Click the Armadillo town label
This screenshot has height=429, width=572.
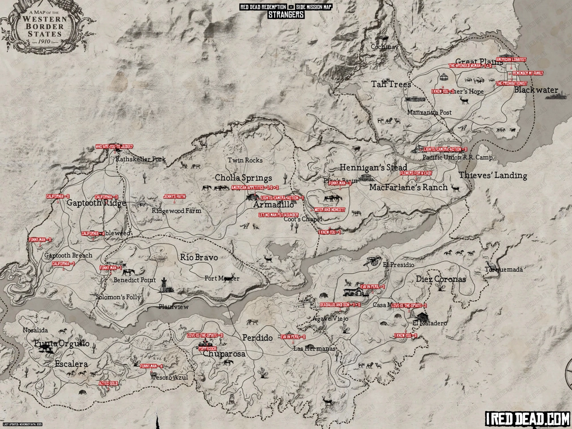click(x=273, y=205)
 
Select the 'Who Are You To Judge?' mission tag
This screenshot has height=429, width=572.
click(x=114, y=146)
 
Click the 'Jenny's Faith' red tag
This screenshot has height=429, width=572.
click(x=174, y=196)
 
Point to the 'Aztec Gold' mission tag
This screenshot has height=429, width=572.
click(x=108, y=383)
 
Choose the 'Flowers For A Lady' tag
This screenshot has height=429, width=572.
click(x=416, y=173)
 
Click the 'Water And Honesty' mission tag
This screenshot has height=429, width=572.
click(x=329, y=209)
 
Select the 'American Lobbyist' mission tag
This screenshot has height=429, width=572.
click(x=511, y=59)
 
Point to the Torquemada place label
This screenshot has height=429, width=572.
click(x=504, y=269)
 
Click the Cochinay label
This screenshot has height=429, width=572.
click(x=384, y=47)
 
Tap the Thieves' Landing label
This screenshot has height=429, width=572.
click(x=493, y=176)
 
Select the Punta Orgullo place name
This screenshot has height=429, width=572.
click(x=62, y=344)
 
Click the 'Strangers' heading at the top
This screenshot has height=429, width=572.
click(x=286, y=14)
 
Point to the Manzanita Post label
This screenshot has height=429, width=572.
click(x=429, y=113)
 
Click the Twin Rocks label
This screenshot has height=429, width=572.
click(x=245, y=160)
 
